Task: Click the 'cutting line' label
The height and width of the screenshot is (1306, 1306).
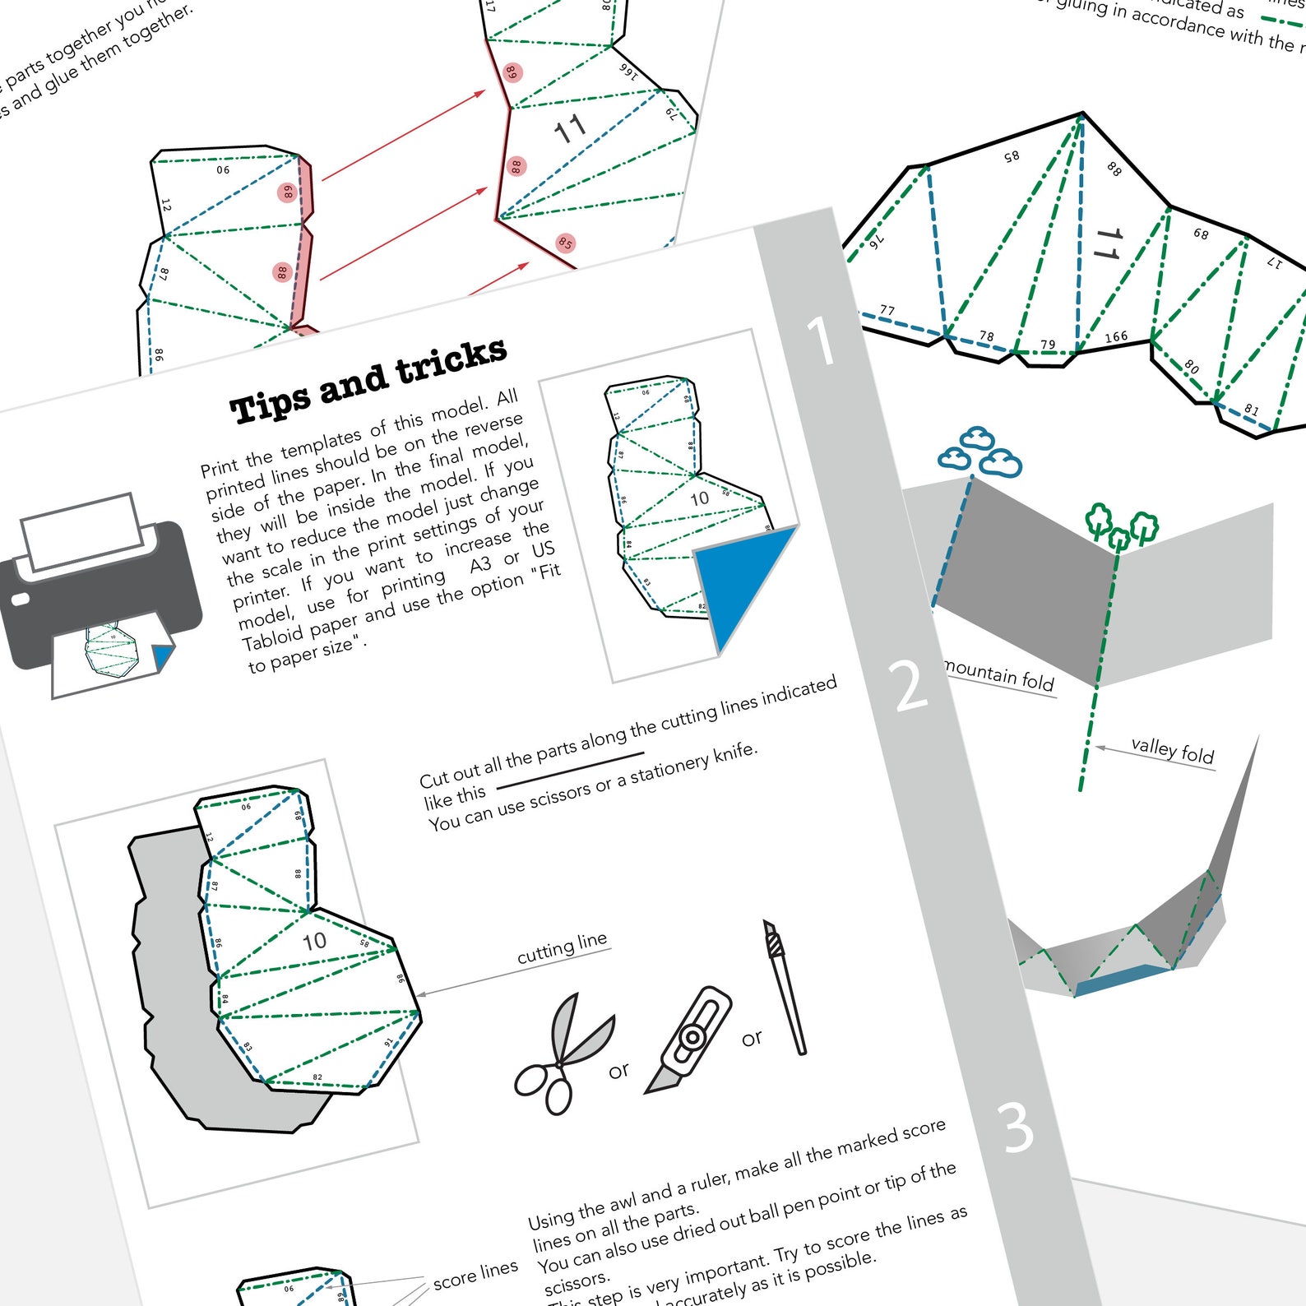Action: click(562, 948)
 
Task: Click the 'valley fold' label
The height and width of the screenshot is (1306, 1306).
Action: click(1172, 750)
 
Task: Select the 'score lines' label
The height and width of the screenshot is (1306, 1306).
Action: click(475, 1274)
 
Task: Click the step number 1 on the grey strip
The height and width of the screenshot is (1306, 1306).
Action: click(820, 340)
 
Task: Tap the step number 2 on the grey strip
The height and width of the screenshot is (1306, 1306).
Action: click(910, 685)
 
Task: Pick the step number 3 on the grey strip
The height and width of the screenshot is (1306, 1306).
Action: click(1017, 1128)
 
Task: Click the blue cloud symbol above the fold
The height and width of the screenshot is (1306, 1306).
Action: click(979, 452)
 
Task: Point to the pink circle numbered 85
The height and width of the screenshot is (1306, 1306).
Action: click(565, 243)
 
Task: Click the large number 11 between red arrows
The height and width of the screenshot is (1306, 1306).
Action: click(569, 129)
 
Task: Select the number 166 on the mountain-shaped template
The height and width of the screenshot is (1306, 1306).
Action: click(1116, 337)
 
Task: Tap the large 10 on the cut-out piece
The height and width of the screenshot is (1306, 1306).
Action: click(314, 942)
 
